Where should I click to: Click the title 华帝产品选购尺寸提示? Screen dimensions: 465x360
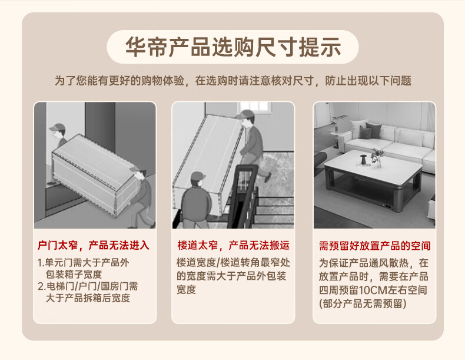pyautogui.click(x=233, y=47)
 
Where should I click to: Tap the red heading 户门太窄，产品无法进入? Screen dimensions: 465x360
pyautogui.click(x=94, y=246)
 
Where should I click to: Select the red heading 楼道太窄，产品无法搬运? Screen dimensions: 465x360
pyautogui.click(x=234, y=246)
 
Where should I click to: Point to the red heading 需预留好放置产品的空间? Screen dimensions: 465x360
pyautogui.click(x=374, y=246)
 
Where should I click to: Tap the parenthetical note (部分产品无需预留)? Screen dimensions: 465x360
pyautogui.click(x=363, y=303)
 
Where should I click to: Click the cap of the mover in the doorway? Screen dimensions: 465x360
pyautogui.click(x=58, y=127)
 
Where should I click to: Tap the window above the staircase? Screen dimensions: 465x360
pyautogui.click(x=255, y=107)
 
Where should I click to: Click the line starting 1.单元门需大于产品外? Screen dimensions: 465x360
pyautogui.click(x=84, y=263)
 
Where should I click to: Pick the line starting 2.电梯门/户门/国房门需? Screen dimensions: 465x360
pyautogui.click(x=88, y=286)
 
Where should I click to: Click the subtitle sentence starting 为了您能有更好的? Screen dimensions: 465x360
pyautogui.click(x=233, y=81)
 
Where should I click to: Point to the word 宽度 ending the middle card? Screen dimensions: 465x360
pyautogui.click(x=186, y=289)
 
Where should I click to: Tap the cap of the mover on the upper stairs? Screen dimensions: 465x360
pyautogui.click(x=245, y=114)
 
